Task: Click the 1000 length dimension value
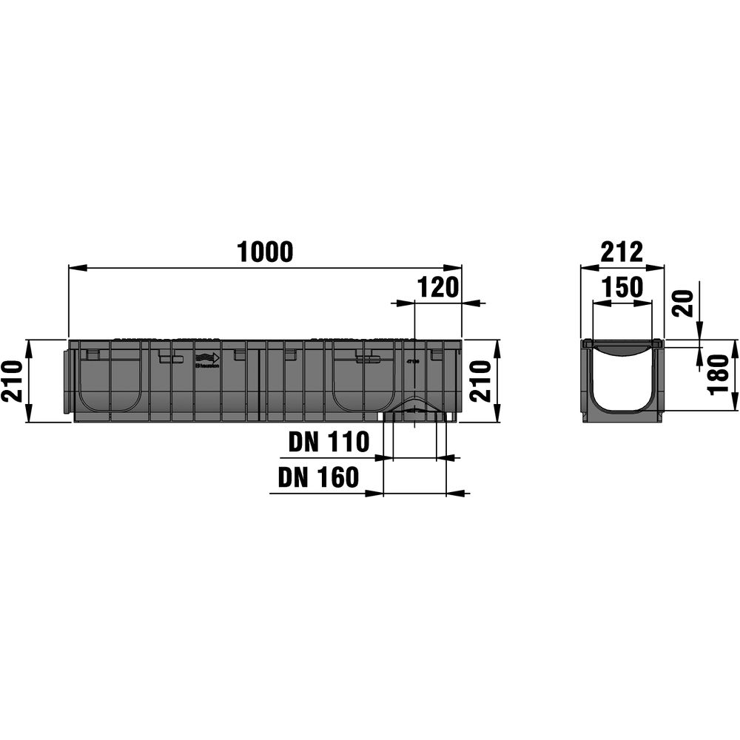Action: point(265,252)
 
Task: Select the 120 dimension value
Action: point(438,287)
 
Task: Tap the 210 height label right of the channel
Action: point(481,381)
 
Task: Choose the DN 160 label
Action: point(318,478)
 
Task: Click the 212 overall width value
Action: point(622,252)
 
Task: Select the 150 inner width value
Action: point(622,287)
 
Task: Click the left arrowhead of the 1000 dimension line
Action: point(75,267)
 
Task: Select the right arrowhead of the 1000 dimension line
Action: point(455,267)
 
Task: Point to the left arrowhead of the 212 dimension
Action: point(586,267)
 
